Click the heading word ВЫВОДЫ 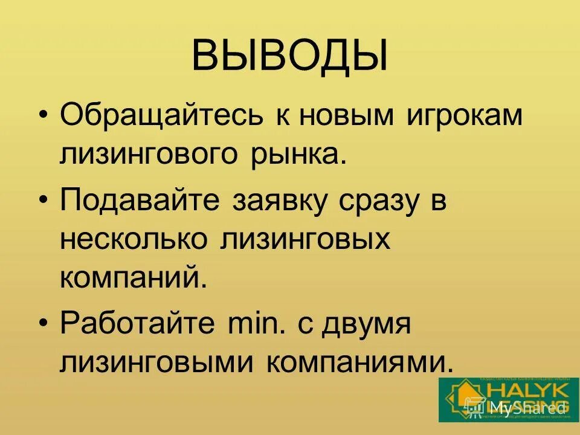coord(289,56)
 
